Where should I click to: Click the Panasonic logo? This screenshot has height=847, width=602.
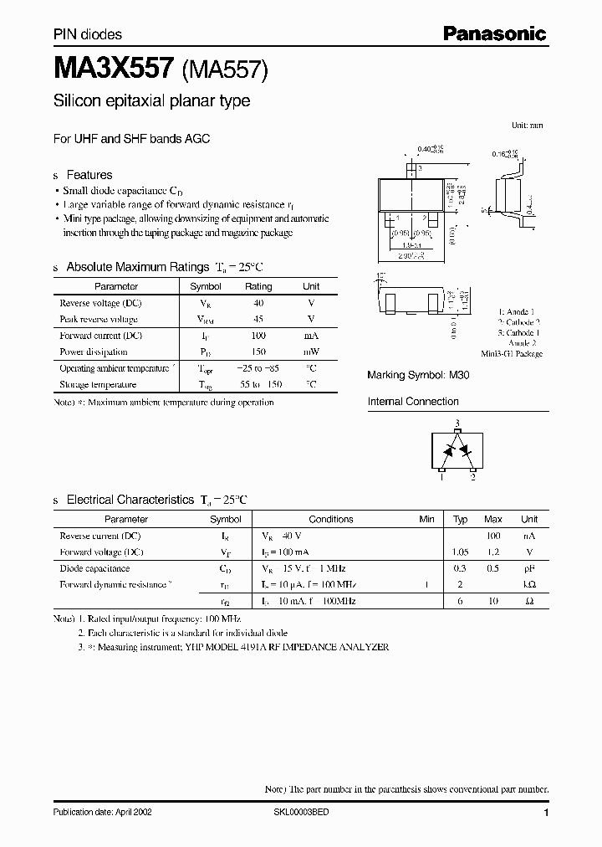(x=495, y=33)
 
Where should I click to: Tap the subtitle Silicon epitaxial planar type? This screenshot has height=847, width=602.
(x=151, y=101)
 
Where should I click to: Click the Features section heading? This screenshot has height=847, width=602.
(x=89, y=175)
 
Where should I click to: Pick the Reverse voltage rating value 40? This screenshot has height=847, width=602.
(x=258, y=303)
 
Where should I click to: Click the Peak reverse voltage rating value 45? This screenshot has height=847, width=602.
(x=258, y=319)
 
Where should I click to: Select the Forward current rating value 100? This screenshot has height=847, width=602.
(x=258, y=336)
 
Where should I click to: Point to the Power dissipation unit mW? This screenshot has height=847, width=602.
(x=311, y=352)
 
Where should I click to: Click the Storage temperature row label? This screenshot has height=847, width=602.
(x=98, y=385)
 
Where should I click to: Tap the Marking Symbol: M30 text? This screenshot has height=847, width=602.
(x=418, y=376)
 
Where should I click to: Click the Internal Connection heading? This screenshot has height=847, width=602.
(x=413, y=402)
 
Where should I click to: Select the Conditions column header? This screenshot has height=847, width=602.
(x=331, y=519)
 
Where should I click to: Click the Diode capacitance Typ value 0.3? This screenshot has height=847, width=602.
(x=460, y=568)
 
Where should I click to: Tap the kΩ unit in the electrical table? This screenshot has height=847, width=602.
(x=528, y=584)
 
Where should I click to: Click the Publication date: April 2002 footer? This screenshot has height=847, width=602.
(x=102, y=812)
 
